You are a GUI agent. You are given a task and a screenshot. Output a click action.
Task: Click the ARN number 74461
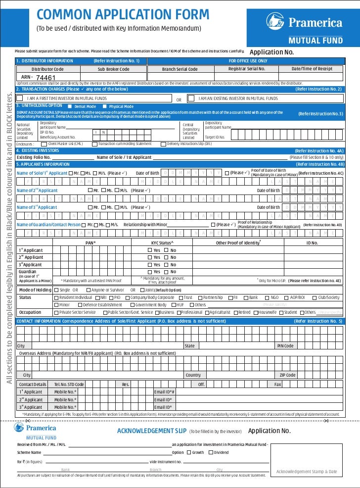pos(45,78)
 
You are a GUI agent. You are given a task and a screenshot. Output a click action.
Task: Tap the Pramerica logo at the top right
pos(304,23)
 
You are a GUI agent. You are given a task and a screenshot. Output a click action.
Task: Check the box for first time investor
pos(20,98)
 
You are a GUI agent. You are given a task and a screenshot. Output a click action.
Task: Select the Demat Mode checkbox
pos(70,106)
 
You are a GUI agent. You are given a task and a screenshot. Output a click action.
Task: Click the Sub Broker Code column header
pos(113,69)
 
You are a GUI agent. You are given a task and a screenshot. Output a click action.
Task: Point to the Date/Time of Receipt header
pos(312,69)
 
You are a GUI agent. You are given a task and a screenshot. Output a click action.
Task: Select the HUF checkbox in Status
pos(173,305)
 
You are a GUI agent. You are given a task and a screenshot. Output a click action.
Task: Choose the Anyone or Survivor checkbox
pos(89,290)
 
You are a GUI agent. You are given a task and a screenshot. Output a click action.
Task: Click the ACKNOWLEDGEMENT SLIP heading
pos(152,431)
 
